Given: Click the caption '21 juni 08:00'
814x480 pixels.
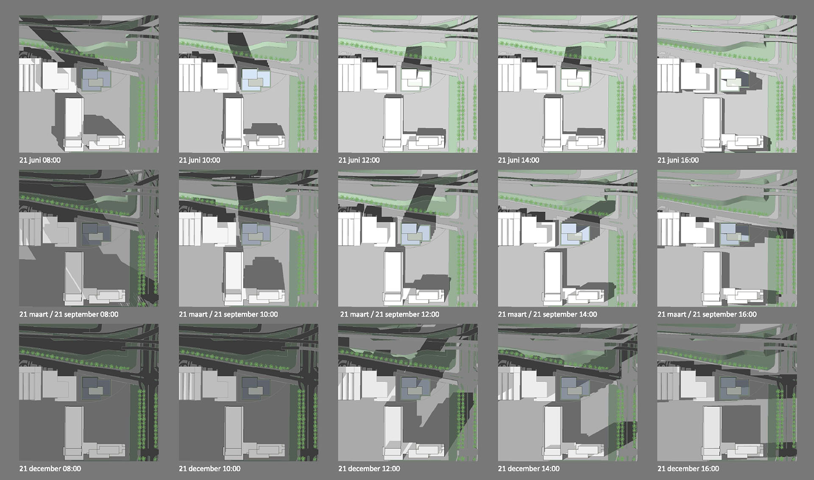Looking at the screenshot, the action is tap(40, 160).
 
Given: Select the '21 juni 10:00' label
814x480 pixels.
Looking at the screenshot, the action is tap(199, 160).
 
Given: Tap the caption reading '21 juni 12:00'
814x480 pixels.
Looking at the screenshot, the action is tap(359, 160).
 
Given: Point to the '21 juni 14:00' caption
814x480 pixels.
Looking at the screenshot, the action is tap(519, 160).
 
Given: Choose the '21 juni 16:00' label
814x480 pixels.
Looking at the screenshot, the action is tap(678, 160).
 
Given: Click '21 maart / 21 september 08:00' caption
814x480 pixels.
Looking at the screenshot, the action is tap(69, 314).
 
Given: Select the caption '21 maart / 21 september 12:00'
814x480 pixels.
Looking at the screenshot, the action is tap(390, 314).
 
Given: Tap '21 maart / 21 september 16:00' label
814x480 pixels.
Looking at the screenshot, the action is tap(707, 314).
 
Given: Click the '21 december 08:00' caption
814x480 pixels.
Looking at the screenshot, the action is tap(50, 469).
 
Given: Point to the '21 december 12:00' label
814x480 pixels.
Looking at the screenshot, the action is tap(369, 469).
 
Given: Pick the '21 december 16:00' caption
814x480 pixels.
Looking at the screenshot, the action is tap(688, 469).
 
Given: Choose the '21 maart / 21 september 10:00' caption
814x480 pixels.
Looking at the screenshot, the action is tap(228, 314).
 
